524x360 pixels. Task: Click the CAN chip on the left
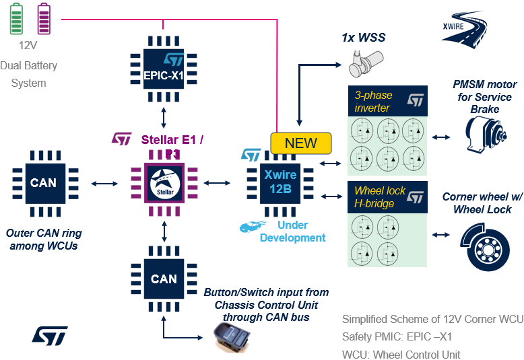tap(43, 182)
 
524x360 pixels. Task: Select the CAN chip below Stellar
tap(164, 279)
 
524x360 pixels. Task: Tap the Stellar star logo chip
tap(164, 182)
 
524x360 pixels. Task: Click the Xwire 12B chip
tap(277, 182)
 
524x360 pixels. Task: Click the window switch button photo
tap(231, 336)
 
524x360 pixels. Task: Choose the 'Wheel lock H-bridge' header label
tap(380, 196)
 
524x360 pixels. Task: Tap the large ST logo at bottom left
tap(49, 334)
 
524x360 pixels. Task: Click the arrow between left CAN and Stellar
tap(104, 182)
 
